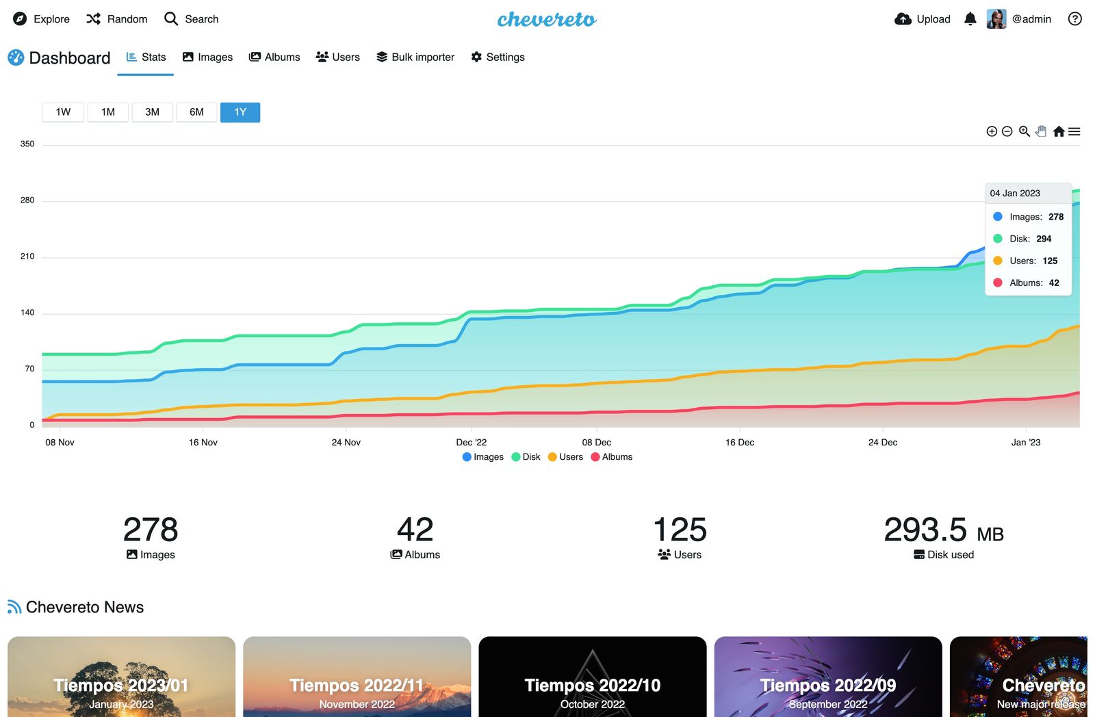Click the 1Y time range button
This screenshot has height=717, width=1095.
tap(240, 112)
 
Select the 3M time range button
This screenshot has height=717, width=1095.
tap(152, 112)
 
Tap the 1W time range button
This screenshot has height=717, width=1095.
tap(63, 112)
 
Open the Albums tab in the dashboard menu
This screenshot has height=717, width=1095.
tap(274, 57)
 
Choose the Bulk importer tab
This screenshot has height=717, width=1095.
tap(415, 57)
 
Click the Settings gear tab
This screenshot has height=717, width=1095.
tap(498, 57)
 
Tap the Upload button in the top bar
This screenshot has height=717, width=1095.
tap(923, 19)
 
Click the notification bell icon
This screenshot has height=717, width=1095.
tap(970, 19)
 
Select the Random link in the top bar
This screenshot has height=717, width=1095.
tap(117, 19)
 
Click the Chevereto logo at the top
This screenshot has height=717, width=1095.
tap(547, 19)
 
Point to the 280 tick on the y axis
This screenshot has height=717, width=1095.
tap(27, 200)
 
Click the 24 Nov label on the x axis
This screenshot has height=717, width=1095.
tap(346, 443)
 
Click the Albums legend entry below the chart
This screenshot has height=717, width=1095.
tap(612, 457)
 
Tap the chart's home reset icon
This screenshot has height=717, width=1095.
tap(1059, 131)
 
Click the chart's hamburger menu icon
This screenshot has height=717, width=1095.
tap(1074, 131)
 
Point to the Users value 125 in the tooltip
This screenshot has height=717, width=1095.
tap(1050, 261)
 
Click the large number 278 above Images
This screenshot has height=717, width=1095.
tap(151, 530)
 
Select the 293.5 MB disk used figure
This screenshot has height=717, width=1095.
tap(943, 530)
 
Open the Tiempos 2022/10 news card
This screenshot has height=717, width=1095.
tap(592, 677)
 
